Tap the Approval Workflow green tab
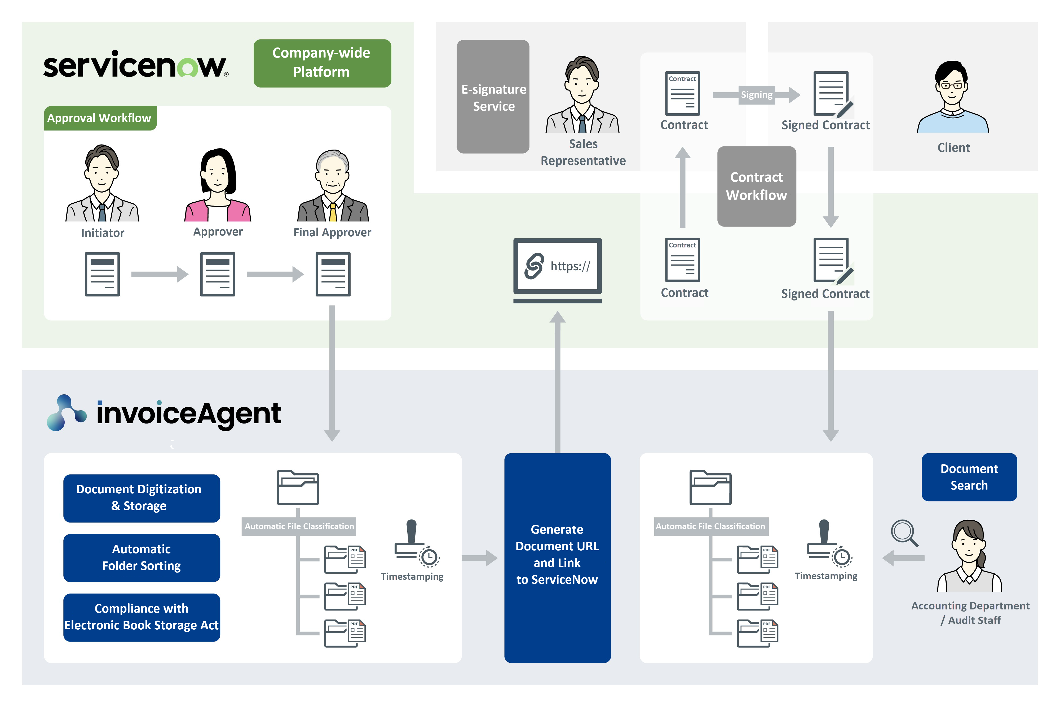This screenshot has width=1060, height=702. point(100,118)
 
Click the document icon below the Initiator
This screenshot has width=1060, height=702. point(102,274)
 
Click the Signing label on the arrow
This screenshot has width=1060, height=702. point(756,95)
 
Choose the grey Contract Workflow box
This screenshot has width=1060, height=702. point(756,186)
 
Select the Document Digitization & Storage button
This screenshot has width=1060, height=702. point(141,498)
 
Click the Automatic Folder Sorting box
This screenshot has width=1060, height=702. point(141,558)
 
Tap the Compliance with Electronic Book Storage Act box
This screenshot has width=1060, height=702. point(141,617)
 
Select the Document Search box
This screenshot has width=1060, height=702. point(969,477)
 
